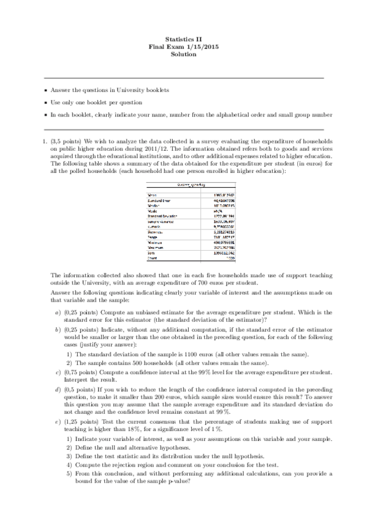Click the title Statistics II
click(183, 39)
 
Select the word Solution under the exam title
click(183, 55)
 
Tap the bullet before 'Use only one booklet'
click(45, 102)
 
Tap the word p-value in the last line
click(179, 481)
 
